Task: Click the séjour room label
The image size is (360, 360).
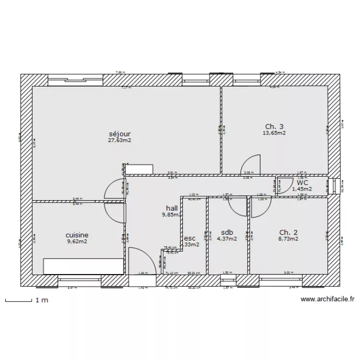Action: [120, 134]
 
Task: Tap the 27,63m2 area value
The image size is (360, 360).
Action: [120, 141]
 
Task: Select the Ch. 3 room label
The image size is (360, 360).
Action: [275, 127]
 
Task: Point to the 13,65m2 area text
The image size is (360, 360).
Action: [275, 133]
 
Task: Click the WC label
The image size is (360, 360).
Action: [302, 182]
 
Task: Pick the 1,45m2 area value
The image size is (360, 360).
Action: [302, 189]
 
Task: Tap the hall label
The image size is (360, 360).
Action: [172, 208]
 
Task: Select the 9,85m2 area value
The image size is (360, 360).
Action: [171, 215]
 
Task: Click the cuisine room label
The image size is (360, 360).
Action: [77, 235]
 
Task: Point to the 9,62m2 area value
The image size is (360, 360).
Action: [77, 242]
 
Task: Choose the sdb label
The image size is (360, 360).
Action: [227, 231]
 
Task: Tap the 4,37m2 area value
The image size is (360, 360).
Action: [227, 239]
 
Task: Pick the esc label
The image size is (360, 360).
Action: [190, 237]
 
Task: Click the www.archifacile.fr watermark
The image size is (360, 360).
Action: [328, 300]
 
